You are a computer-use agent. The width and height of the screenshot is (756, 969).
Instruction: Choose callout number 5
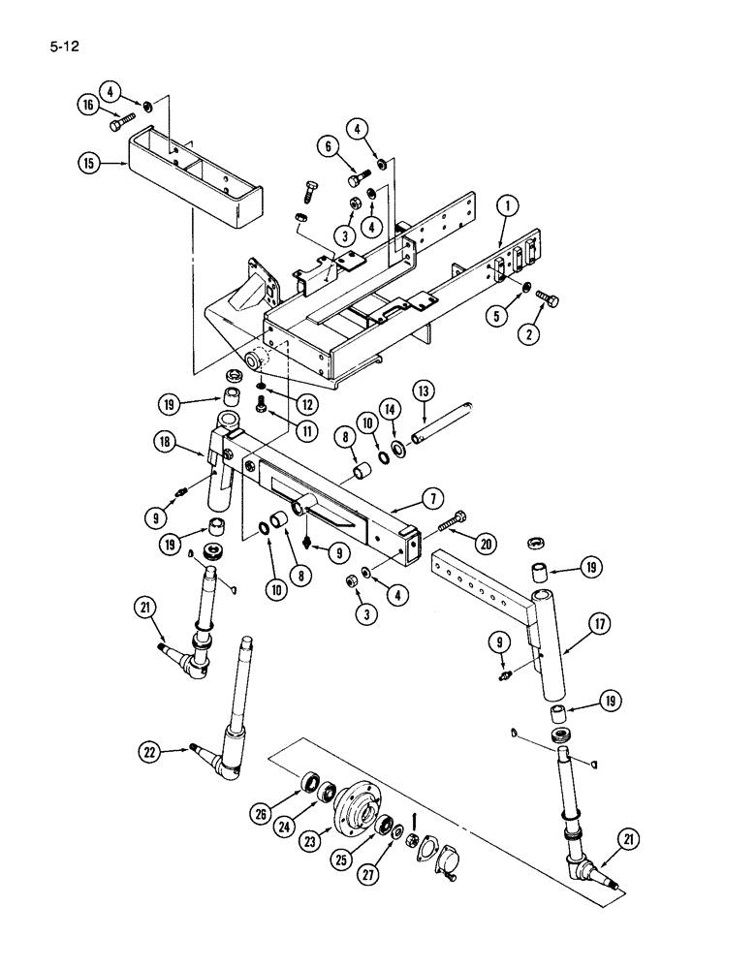coord(329,147)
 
